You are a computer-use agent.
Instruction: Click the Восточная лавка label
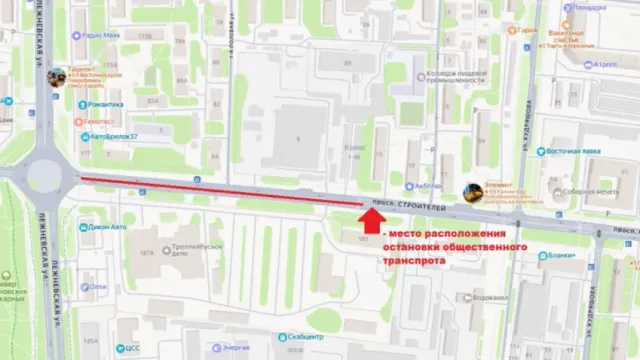pos(577,154)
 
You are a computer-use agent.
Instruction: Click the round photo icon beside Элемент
pos(472,191)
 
